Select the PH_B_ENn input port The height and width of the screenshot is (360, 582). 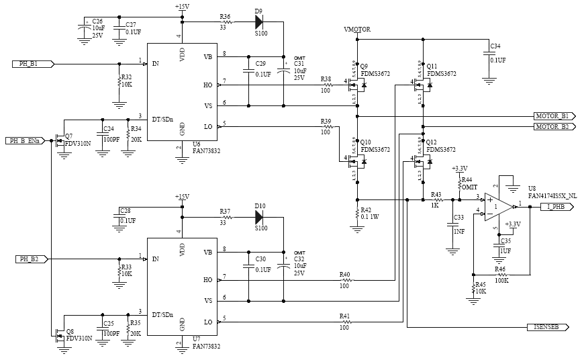(26, 141)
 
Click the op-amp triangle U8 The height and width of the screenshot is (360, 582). (497, 207)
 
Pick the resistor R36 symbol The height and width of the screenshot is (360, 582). (226, 22)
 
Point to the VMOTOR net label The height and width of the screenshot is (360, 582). (356, 30)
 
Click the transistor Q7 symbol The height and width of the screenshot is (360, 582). (62, 141)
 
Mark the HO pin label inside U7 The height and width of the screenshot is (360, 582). (207, 279)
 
